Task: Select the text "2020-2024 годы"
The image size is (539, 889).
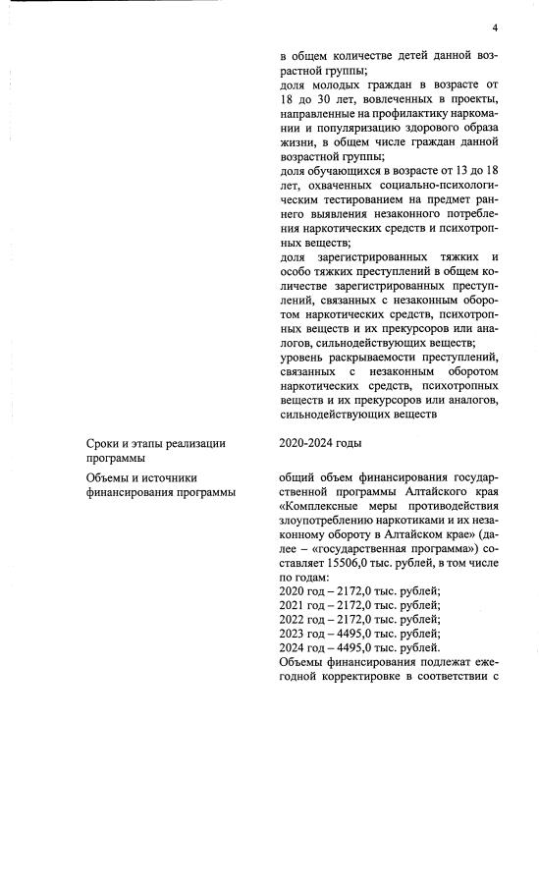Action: click(319, 443)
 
